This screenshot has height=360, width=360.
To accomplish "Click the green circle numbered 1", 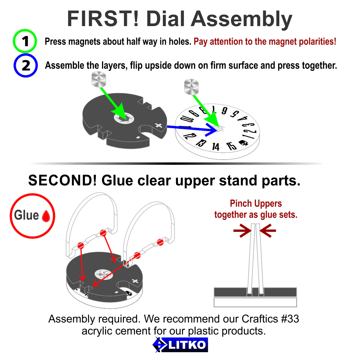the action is (x=25, y=41).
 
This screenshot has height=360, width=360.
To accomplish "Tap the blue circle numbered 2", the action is (x=25, y=65).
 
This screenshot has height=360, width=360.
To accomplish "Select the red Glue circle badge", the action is (x=32, y=216).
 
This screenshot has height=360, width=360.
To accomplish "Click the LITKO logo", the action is (x=180, y=345).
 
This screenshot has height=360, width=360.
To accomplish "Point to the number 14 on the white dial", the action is (x=216, y=147).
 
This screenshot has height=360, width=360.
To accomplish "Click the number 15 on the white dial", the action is (x=231, y=146).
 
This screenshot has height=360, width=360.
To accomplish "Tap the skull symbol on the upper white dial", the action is (x=243, y=143).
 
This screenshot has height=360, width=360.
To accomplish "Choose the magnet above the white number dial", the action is (x=191, y=87).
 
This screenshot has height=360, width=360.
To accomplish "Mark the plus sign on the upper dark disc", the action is (x=159, y=125).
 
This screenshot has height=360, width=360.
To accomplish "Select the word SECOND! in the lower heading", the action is (x=63, y=181).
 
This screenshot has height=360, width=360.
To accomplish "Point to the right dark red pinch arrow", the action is (x=268, y=230).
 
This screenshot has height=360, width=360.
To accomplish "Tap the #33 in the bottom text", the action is (x=290, y=319).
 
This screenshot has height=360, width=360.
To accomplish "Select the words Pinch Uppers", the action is (x=256, y=203).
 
